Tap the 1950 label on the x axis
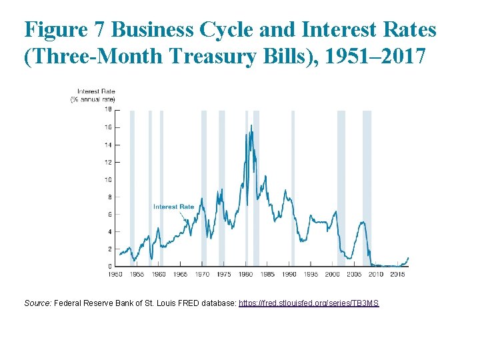tap(115, 274)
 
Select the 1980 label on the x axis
tap(245, 274)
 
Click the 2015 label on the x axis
tap(397, 274)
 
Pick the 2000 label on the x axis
tap(332, 274)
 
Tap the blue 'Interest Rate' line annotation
tap(173, 207)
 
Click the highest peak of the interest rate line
tap(251, 125)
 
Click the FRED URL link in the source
tap(309, 303)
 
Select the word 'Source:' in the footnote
tap(37, 303)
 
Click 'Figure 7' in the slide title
tap(65, 30)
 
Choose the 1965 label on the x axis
tap(180, 274)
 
